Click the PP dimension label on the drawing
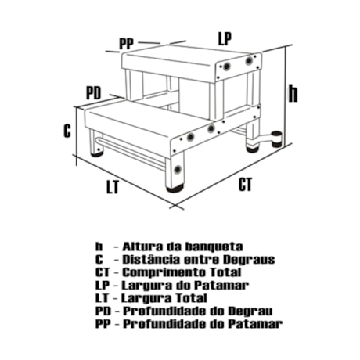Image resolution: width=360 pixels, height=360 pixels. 126,43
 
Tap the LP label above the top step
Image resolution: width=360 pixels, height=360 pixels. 225,37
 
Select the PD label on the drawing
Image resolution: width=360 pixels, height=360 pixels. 93,93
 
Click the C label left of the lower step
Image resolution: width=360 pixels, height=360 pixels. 67,131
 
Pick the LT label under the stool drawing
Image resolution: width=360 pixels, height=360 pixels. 115,187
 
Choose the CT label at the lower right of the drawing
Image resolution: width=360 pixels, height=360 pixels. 246,185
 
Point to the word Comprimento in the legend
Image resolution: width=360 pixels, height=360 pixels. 157,272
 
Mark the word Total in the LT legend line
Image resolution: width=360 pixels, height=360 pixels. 188,298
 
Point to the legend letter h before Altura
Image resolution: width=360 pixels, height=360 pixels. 99,246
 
